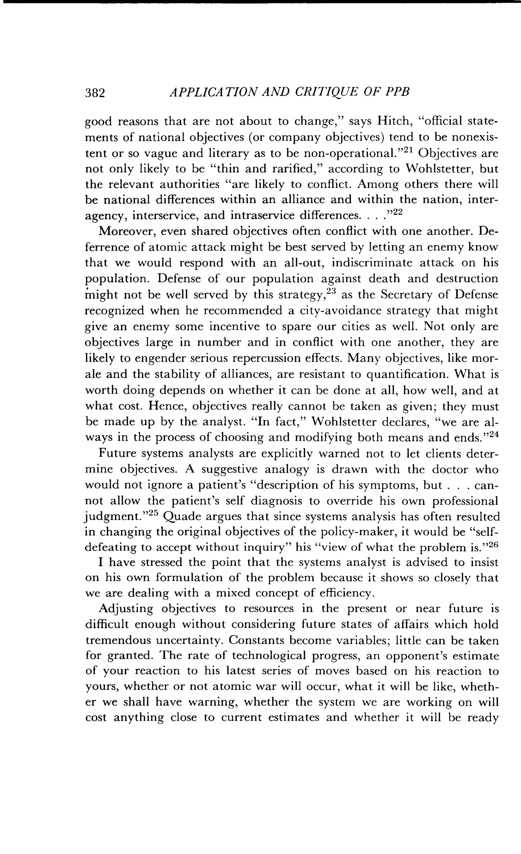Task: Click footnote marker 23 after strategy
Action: (332, 291)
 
